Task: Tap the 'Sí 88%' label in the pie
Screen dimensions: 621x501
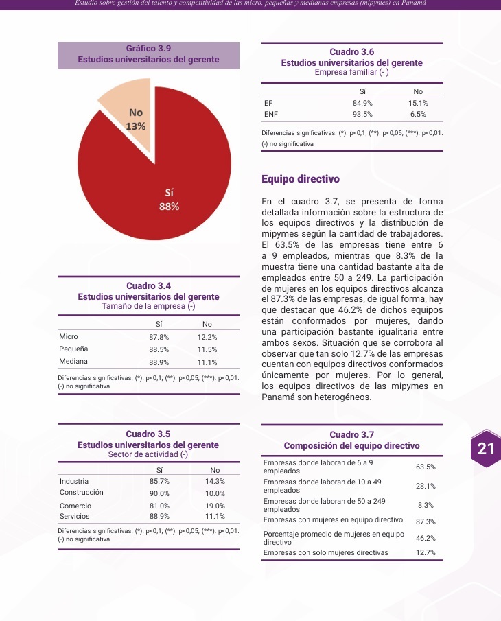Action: coord(170,199)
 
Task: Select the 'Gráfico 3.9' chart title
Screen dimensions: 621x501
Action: coord(149,49)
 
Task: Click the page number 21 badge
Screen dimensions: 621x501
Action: coord(485,449)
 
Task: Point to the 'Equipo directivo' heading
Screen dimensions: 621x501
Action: coord(301,180)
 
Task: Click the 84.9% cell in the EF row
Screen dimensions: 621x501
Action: coord(362,102)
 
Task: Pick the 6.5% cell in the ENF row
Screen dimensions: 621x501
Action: coord(418,114)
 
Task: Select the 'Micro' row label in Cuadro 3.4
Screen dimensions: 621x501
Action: coord(69,337)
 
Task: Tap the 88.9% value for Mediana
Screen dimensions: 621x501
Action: coord(159,362)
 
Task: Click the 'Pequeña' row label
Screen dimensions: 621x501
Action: coord(73,349)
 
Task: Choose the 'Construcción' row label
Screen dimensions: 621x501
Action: coord(81,493)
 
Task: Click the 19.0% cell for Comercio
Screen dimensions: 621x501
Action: coord(215,505)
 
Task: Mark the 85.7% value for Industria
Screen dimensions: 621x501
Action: coord(159,482)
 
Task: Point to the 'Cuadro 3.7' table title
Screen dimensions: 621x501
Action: coord(352,434)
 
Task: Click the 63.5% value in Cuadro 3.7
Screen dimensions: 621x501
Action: coord(426,467)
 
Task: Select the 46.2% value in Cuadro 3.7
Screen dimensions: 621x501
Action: coord(426,538)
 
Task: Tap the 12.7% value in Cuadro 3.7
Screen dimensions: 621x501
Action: coord(426,553)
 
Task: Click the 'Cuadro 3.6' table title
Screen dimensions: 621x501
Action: coord(352,52)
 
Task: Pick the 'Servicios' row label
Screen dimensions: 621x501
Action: coord(75,516)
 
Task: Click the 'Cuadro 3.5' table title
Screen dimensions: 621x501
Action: coord(149,434)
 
